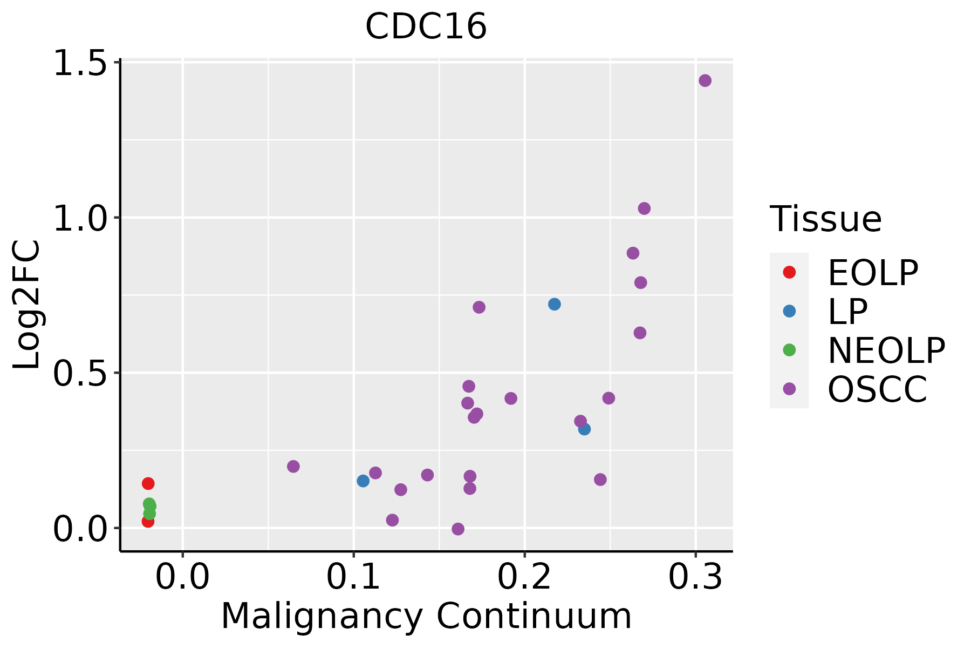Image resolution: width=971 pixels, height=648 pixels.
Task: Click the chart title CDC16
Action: [426, 26]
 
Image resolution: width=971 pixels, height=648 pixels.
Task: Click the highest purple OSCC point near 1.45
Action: [705, 80]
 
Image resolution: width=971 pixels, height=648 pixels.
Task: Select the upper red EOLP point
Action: [148, 483]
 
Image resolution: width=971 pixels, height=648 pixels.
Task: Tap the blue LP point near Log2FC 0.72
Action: [555, 305]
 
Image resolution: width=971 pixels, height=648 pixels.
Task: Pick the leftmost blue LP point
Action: [363, 481]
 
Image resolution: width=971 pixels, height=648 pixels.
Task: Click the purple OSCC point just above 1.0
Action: [644, 208]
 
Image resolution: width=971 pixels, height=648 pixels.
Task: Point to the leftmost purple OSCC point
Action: [293, 467]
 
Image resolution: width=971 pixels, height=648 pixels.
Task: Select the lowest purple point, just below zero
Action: [458, 529]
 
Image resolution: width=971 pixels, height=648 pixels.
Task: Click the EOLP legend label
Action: [873, 273]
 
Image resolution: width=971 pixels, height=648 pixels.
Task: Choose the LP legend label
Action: [847, 312]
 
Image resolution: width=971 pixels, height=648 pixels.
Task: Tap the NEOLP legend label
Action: [886, 350]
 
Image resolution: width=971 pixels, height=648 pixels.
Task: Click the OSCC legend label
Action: [877, 389]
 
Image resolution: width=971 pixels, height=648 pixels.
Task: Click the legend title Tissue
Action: [826, 219]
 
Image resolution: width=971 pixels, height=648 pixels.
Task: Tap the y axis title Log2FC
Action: [27, 305]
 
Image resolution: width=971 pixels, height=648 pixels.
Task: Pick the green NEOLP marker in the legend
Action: [789, 350]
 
